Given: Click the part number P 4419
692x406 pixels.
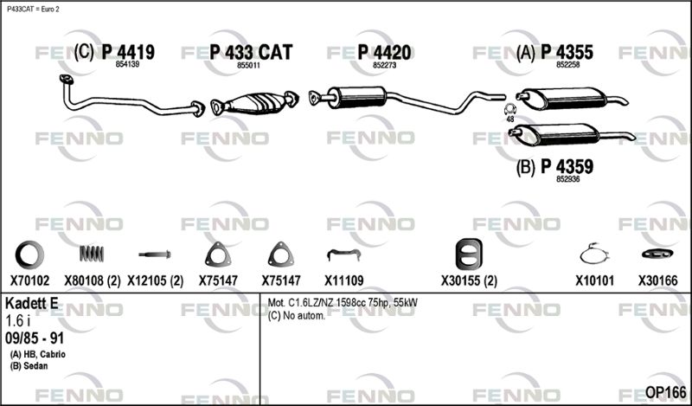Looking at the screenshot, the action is pos(128,52).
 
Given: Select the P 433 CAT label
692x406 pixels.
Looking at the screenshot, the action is pos(251,52).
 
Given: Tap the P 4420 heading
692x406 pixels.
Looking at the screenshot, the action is pos(384,52).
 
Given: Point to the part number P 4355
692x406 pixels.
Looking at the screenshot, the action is pos(567,52).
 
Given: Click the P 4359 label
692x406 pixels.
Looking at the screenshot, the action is pos(567,166).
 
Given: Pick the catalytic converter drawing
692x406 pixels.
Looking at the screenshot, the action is pos(254,103).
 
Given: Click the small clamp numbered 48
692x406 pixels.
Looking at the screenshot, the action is pos(510,110).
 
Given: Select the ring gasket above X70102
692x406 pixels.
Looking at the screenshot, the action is pos(29,255).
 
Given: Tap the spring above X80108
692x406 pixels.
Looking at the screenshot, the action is pos(92,253).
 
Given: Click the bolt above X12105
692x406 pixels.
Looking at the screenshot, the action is pos(155,255).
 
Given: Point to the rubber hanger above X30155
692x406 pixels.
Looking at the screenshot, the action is pos(469,255).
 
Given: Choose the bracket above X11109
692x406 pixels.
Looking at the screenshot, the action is pos(343,255).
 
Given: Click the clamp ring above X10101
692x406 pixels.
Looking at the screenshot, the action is pos(594,254).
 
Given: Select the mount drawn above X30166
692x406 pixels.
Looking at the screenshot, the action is pos(657,254).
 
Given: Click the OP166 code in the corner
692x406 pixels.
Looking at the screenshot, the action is pos(665,392).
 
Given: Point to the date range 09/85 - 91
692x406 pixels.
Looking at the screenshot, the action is pos(35,338).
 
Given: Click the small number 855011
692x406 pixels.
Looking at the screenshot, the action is pos(248,65).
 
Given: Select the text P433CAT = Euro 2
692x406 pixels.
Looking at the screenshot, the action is pos(33,10).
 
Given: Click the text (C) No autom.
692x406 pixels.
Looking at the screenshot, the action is pos(297,316).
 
